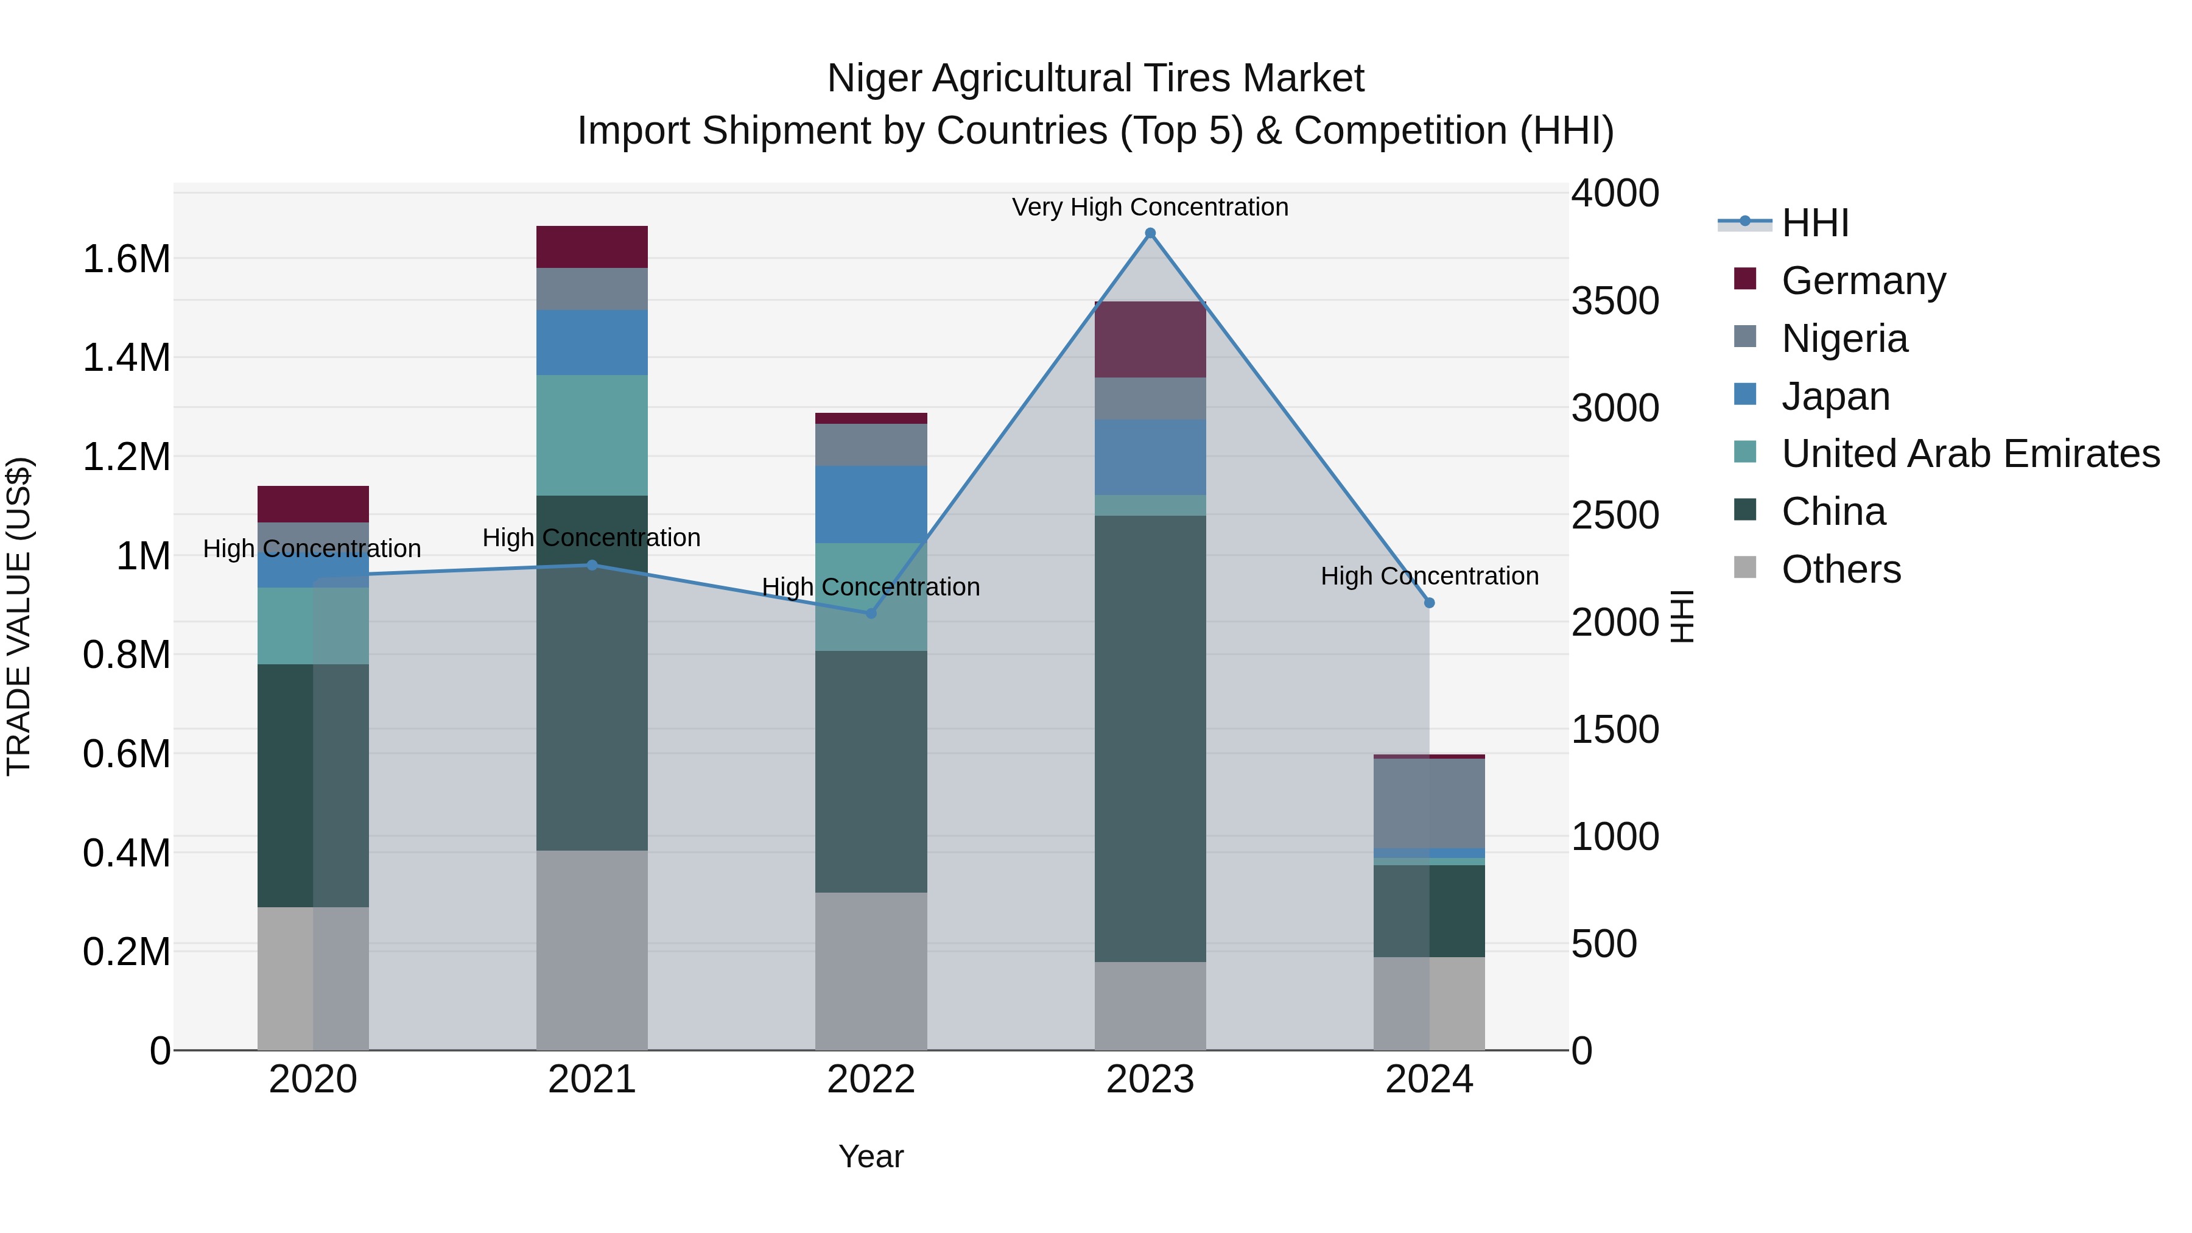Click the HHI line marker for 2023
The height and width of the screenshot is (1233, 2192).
1150,233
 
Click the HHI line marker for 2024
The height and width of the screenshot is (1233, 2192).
1428,602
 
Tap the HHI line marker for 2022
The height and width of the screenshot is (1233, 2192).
871,613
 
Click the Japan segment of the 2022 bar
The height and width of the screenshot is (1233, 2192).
871,504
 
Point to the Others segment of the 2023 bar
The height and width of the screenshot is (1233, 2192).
1150,1006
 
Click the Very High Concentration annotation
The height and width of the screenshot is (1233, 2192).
1150,207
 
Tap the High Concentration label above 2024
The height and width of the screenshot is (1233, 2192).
1428,576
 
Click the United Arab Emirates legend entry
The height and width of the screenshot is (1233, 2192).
1970,454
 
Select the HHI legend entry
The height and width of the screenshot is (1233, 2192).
1814,223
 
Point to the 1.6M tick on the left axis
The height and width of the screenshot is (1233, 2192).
126,259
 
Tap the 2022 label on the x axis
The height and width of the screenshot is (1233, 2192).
871,1079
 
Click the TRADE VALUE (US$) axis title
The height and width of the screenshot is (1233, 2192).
19,616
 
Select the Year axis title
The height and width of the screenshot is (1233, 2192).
871,1156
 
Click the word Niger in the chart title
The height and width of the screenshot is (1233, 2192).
874,79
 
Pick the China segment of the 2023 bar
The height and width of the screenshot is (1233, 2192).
1150,739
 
